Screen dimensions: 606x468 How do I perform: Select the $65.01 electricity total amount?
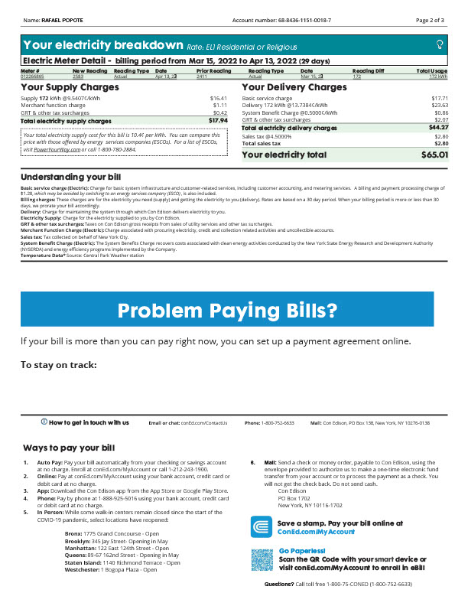[x=434, y=155]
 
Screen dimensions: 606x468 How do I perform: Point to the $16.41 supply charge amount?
[x=219, y=99]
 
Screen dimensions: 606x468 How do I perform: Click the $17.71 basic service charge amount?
[x=440, y=99]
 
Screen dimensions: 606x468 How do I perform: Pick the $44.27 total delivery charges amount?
[x=438, y=128]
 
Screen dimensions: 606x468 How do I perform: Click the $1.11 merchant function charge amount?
[x=220, y=106]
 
